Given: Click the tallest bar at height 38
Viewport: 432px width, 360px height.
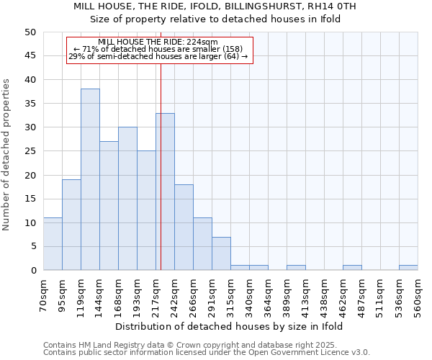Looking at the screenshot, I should pyautogui.click(x=90, y=179).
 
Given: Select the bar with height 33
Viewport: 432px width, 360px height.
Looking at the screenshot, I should pyautogui.click(x=165, y=192).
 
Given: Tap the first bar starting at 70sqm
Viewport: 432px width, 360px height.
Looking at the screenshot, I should pyautogui.click(x=53, y=244).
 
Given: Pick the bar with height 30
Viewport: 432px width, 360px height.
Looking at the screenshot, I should pyautogui.click(x=127, y=199).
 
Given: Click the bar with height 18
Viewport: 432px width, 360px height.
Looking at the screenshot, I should pyautogui.click(x=184, y=227).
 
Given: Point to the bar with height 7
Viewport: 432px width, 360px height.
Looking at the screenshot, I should pyautogui.click(x=221, y=253).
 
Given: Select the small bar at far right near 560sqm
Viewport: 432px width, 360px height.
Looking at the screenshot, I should pyautogui.click(x=408, y=268).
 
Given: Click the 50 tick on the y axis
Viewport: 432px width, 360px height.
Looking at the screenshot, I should pyautogui.click(x=30, y=32).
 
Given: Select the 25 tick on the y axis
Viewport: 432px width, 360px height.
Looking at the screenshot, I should pyautogui.click(x=30, y=151).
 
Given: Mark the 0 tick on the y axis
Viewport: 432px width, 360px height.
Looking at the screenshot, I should pyautogui.click(x=32, y=271).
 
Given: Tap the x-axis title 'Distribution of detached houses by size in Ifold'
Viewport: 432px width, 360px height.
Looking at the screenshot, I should pyautogui.click(x=230, y=326).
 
